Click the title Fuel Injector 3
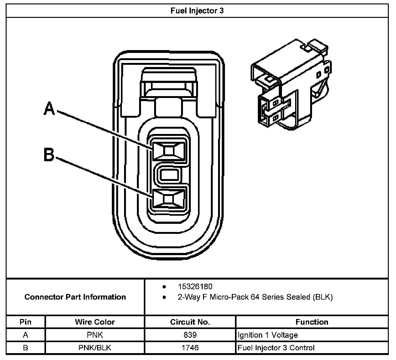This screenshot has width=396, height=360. pyautogui.click(x=197, y=11)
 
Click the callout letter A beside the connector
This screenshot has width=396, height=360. pyautogui.click(x=49, y=109)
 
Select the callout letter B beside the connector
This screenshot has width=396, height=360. pyautogui.click(x=49, y=155)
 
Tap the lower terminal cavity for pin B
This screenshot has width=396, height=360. pyautogui.click(x=169, y=199)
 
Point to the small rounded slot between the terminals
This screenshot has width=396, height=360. pyautogui.click(x=169, y=174)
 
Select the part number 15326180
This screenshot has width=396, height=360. pyautogui.click(x=195, y=286)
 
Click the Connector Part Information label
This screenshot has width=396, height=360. pyautogui.click(x=75, y=297)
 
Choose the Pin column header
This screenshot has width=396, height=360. pyautogui.click(x=25, y=322)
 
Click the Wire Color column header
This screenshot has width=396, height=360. pyautogui.click(x=95, y=322)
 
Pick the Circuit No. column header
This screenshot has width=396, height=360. pyautogui.click(x=190, y=322)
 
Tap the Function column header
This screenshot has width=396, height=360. pyautogui.click(x=312, y=322)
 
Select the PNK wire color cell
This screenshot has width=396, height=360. pyautogui.click(x=95, y=335)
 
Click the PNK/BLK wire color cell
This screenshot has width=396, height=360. pyautogui.click(x=95, y=348)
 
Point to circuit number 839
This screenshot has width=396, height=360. pyautogui.click(x=190, y=335)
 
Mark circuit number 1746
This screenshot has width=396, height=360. pyautogui.click(x=190, y=348)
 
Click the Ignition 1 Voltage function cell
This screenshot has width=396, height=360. pyautogui.click(x=268, y=335)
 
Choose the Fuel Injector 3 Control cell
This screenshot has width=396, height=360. pyautogui.click(x=276, y=348)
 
